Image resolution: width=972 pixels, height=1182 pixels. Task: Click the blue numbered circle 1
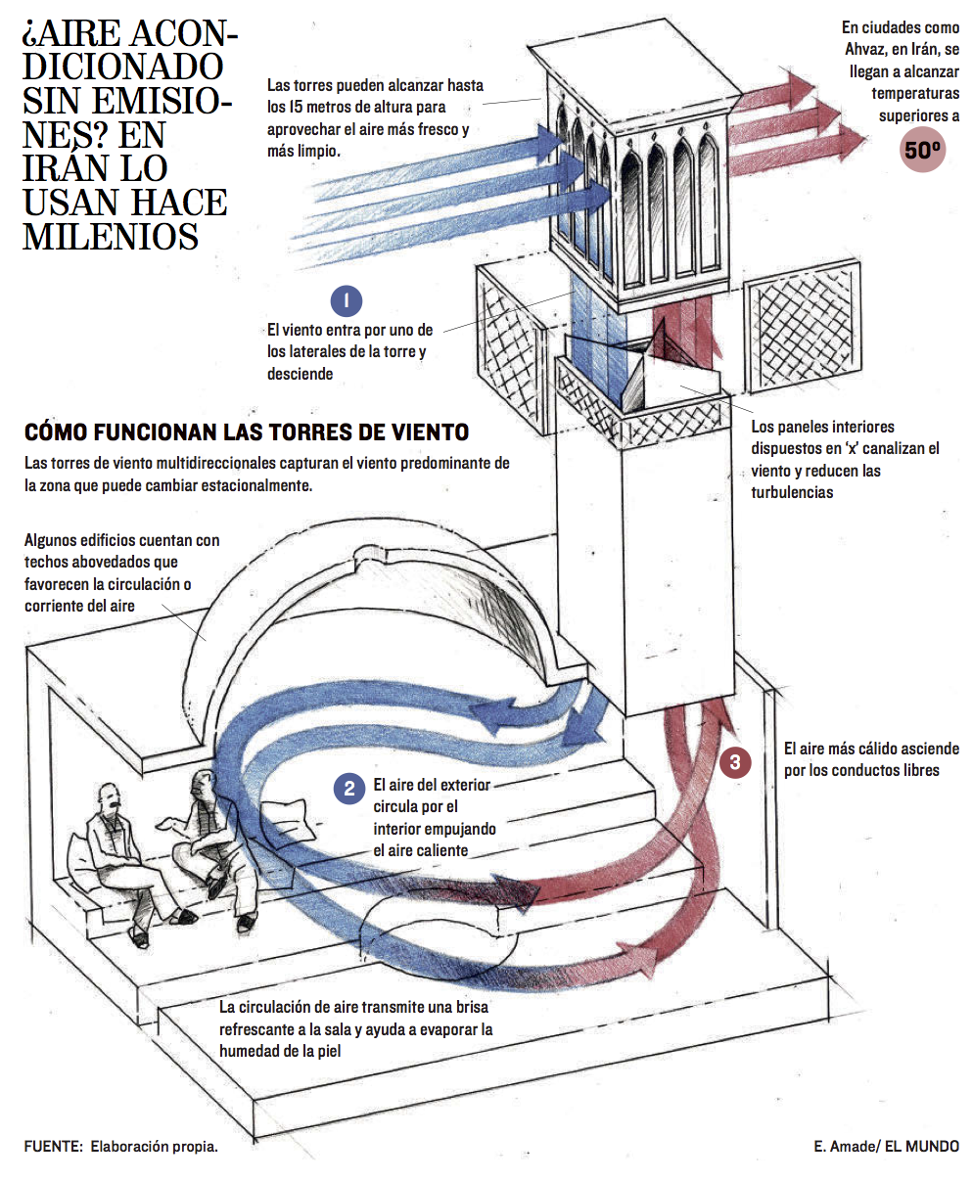[347, 300]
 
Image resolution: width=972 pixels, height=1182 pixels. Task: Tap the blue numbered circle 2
[348, 788]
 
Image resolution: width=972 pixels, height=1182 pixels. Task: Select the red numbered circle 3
[735, 762]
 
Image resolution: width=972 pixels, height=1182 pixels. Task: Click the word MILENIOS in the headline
[111, 236]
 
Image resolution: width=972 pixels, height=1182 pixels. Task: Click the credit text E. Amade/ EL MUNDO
[886, 1146]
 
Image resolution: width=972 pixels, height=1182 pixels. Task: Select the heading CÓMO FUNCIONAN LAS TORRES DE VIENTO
[247, 432]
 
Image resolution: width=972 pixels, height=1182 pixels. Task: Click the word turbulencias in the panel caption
[792, 492]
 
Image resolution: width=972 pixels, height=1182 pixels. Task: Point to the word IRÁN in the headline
[69, 168]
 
